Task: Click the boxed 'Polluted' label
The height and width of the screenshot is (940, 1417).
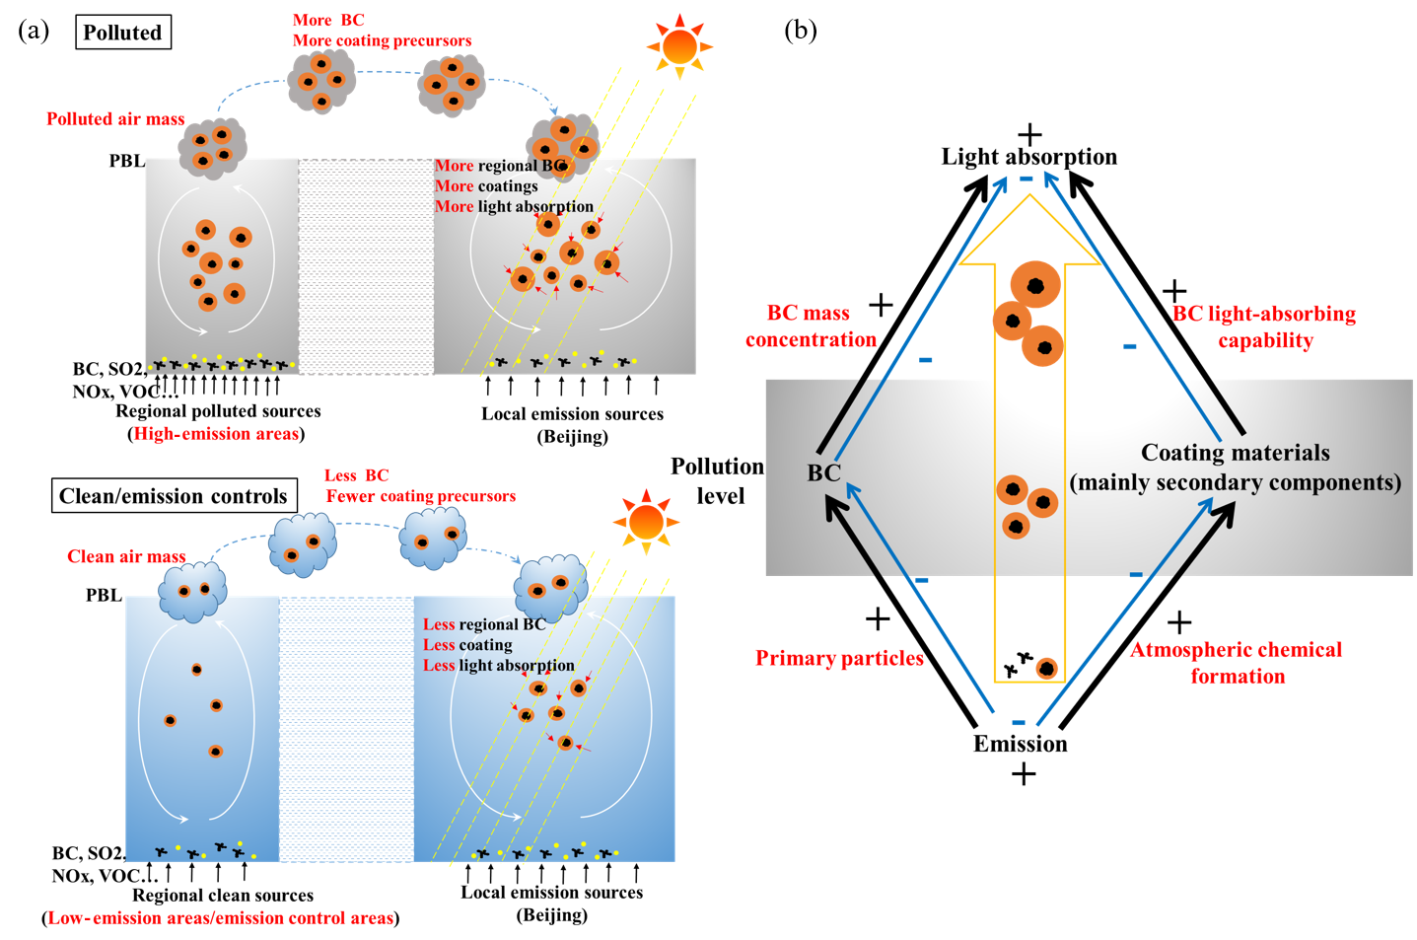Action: pyautogui.click(x=122, y=33)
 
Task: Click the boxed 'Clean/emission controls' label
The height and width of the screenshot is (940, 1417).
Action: pyautogui.click(x=173, y=496)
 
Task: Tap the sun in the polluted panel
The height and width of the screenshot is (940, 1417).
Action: pyautogui.click(x=679, y=46)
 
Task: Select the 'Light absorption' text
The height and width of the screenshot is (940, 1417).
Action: pyautogui.click(x=1028, y=157)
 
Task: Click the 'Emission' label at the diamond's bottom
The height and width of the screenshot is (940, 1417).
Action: pyautogui.click(x=1020, y=744)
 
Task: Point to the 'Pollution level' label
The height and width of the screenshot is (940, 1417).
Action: pyautogui.click(x=718, y=480)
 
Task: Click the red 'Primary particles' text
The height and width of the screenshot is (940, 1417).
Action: pyautogui.click(x=839, y=658)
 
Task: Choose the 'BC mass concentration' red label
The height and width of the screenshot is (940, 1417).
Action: pyautogui.click(x=811, y=326)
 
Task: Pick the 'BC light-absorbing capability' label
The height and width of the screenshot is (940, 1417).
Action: pyautogui.click(x=1264, y=326)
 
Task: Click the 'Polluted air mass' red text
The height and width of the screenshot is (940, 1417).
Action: pyautogui.click(x=115, y=119)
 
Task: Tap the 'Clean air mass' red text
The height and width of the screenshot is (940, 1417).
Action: pyautogui.click(x=126, y=556)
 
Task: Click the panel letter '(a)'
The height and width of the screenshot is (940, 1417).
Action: pyautogui.click(x=34, y=31)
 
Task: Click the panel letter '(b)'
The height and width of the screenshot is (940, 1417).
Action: pyautogui.click(x=800, y=31)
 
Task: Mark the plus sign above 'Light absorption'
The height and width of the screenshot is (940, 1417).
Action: pyautogui.click(x=1029, y=134)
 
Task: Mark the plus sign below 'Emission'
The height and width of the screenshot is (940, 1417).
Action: pyautogui.click(x=1024, y=774)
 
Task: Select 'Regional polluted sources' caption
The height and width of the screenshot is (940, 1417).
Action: pyautogui.click(x=218, y=411)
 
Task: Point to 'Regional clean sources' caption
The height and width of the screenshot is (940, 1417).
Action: pyautogui.click(x=223, y=896)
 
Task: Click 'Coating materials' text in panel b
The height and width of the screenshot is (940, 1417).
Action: pyautogui.click(x=1235, y=453)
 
